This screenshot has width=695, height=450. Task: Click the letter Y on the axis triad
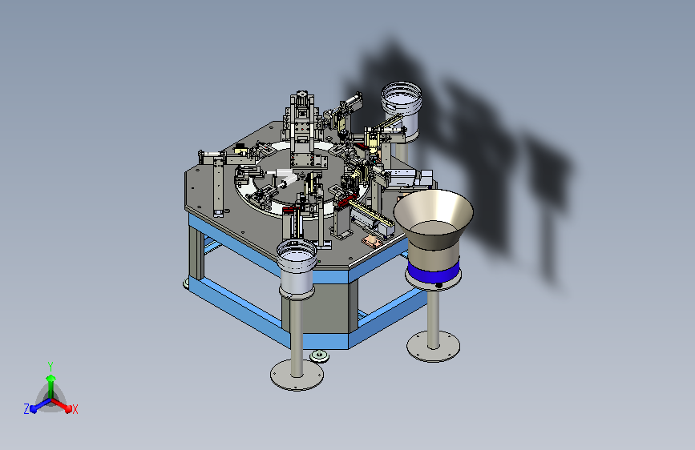(51, 367)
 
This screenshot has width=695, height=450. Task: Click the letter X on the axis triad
(75, 410)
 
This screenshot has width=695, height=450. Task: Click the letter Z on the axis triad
(26, 409)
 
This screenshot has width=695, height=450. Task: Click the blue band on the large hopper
(433, 271)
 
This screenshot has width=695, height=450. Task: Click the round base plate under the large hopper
(433, 347)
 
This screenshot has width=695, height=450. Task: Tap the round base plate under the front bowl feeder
(297, 375)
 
